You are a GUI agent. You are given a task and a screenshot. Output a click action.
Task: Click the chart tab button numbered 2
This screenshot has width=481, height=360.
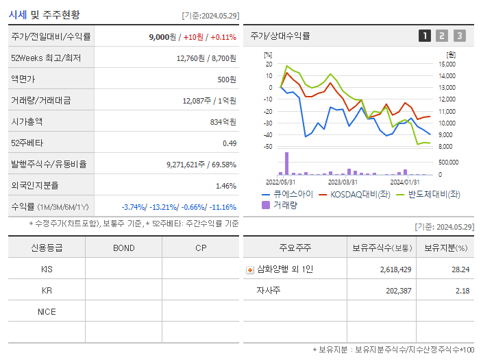(442, 36)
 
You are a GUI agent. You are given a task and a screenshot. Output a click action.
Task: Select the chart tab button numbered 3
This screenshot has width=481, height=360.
(459, 36)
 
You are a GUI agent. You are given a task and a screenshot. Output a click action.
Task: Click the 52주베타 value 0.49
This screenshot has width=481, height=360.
(229, 143)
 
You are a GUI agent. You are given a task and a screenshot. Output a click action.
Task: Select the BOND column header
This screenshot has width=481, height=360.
(123, 248)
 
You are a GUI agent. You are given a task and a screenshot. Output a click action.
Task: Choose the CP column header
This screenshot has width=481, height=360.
(200, 248)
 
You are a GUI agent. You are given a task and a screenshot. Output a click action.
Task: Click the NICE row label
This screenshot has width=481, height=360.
(47, 311)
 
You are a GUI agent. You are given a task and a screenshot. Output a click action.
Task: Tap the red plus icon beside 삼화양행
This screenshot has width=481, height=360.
(250, 269)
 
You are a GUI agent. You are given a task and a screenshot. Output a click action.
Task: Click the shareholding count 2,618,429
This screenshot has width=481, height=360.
(395, 269)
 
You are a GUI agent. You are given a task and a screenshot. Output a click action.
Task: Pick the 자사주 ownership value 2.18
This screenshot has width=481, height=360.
(462, 291)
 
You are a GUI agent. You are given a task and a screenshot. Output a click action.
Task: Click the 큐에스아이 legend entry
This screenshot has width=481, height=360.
(287, 195)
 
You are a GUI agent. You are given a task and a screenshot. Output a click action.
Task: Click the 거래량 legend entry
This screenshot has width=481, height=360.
(280, 204)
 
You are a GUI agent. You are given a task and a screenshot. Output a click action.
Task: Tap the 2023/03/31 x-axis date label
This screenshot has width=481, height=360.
(343, 182)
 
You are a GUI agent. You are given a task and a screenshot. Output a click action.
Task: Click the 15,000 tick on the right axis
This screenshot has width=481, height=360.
(446, 64)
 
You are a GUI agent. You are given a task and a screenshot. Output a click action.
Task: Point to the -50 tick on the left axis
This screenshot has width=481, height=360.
(267, 147)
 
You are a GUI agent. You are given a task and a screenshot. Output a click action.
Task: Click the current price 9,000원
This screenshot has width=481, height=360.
(162, 36)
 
